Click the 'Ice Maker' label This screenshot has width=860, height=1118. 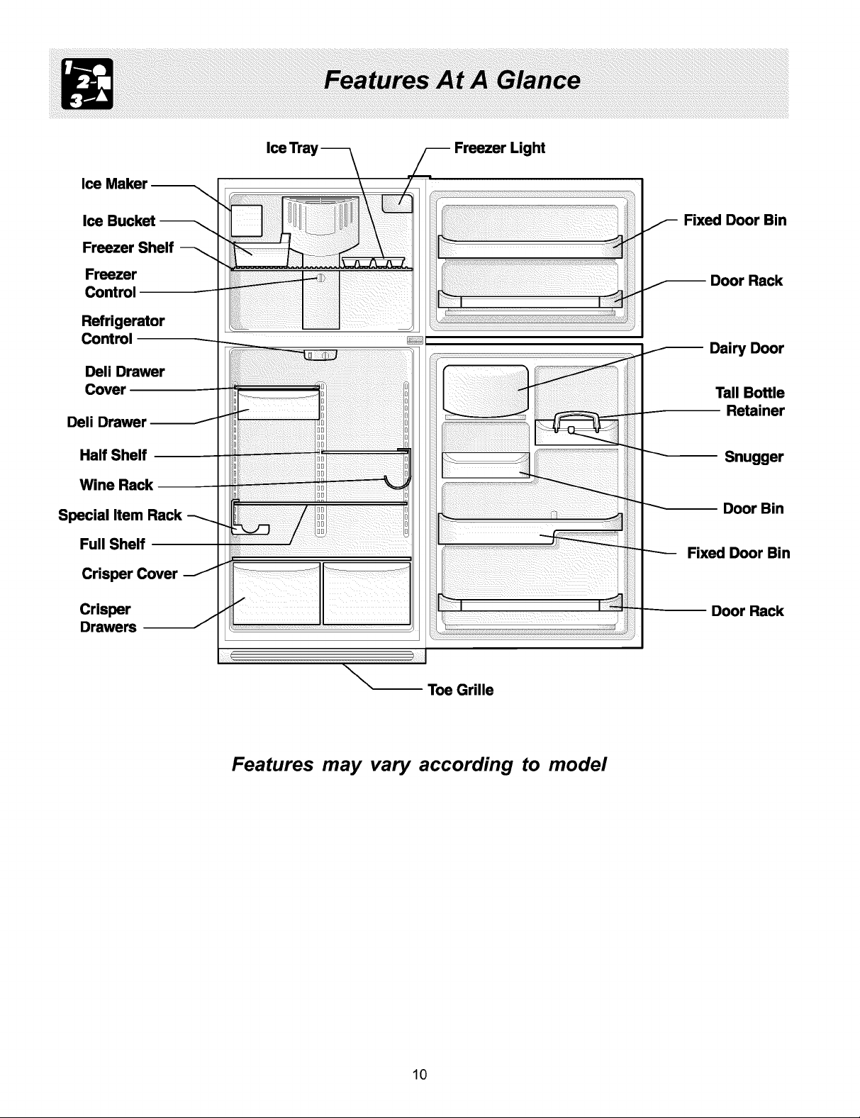(114, 184)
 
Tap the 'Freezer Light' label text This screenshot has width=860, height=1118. (499, 148)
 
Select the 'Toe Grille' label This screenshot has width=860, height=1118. (460, 690)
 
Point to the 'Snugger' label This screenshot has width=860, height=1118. (754, 457)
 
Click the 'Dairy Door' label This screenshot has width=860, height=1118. (747, 348)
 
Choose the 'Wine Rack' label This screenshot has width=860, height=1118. (116, 485)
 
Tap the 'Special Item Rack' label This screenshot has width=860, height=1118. (120, 515)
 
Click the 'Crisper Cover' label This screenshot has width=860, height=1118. (129, 574)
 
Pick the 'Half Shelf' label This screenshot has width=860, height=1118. (113, 455)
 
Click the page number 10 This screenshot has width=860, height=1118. (420, 1074)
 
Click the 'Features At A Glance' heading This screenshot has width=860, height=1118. (452, 80)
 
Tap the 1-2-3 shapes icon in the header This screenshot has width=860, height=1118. (87, 84)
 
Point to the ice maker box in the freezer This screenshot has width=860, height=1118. (247, 220)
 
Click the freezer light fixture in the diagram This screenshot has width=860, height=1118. (397, 203)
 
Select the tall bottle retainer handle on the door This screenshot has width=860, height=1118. (576, 422)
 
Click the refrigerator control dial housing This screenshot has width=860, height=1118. (320, 354)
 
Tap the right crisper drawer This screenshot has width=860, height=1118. (367, 593)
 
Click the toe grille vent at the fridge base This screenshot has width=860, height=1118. (322, 656)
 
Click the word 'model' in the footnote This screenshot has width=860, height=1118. (578, 764)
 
